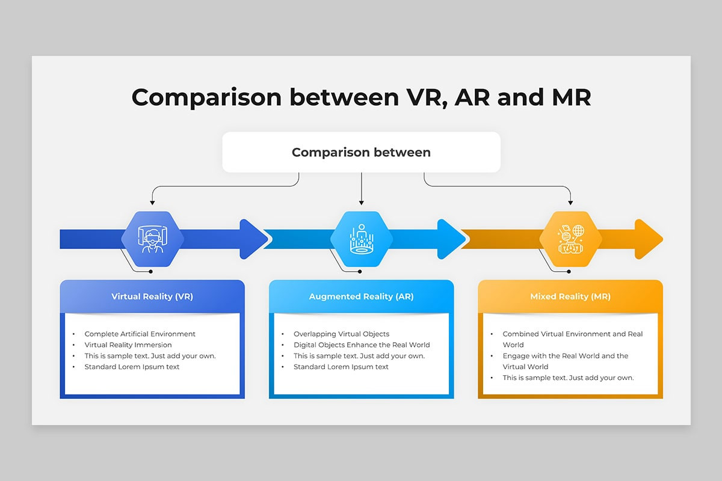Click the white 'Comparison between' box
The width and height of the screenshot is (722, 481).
point(361,152)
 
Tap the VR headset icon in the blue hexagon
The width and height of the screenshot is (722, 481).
point(152,239)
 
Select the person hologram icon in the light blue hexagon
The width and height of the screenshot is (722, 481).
point(362,239)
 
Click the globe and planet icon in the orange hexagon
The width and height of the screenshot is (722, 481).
point(570,239)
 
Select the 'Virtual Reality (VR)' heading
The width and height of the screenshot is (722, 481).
point(152,296)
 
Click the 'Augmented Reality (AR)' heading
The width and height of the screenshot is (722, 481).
point(362,296)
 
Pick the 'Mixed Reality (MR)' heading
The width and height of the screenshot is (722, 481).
point(570,296)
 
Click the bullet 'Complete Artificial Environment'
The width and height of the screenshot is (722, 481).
point(140,334)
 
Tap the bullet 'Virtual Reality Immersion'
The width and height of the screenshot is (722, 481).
point(128,345)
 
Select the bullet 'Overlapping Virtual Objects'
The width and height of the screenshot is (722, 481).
point(341,334)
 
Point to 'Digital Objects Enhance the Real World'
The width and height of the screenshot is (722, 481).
point(362,345)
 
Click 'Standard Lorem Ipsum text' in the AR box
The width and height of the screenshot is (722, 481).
point(341,367)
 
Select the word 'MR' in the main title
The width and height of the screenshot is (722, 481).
point(572,97)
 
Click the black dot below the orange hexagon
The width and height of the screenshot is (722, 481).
point(569,272)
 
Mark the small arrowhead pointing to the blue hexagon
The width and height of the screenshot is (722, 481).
point(152,203)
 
